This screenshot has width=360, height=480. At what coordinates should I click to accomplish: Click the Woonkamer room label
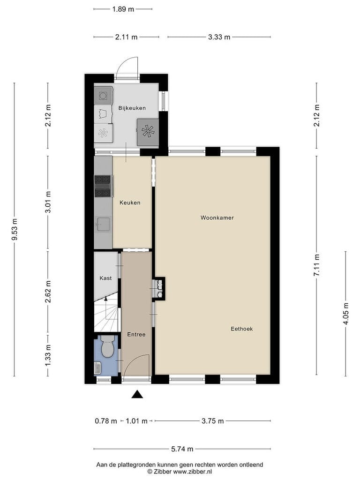[x=217, y=217]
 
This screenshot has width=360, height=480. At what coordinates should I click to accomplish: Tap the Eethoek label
[x=242, y=329]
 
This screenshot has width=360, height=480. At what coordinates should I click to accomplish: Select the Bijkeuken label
[x=132, y=108]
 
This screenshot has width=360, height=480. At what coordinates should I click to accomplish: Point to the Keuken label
[x=130, y=202]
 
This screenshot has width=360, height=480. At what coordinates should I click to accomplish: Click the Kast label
[x=105, y=278]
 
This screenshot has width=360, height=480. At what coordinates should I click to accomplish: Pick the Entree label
[x=136, y=335]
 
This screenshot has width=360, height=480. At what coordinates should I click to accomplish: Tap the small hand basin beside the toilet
[x=97, y=367]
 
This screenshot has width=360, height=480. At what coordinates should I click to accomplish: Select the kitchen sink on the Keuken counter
[x=103, y=224]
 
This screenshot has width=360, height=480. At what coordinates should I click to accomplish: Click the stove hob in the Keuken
[x=103, y=186]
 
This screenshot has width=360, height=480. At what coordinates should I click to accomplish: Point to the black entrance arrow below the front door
[x=137, y=394]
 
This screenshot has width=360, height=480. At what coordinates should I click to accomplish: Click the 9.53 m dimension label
[x=15, y=229]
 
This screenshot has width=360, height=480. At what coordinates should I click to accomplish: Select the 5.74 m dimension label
[x=182, y=449]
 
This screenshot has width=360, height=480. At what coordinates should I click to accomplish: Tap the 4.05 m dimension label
[x=346, y=314]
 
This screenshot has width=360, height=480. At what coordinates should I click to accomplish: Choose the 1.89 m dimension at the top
[x=123, y=9]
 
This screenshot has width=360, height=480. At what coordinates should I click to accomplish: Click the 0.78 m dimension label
[x=106, y=421]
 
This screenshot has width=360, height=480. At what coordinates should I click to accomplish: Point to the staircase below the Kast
[x=106, y=312]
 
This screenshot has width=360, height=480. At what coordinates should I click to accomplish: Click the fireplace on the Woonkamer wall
[x=159, y=289]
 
